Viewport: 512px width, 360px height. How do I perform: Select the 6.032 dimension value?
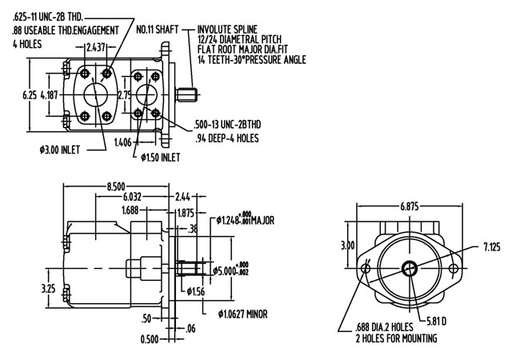(134, 197)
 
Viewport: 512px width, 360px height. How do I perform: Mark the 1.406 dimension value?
(123, 142)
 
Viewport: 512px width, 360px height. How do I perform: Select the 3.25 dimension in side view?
(49, 286)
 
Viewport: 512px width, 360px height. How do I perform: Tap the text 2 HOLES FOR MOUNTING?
(397, 339)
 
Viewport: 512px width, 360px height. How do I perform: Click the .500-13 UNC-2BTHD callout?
(233, 126)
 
